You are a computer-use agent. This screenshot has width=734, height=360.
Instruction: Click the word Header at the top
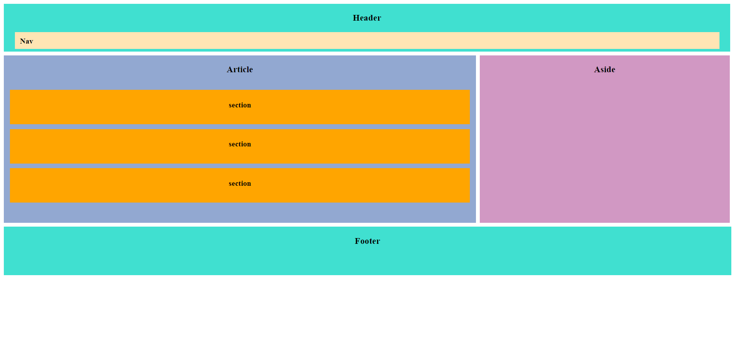tap(367, 18)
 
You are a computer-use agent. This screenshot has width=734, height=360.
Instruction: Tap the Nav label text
tap(26, 41)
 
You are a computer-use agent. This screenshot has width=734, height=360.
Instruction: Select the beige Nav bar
tap(367, 41)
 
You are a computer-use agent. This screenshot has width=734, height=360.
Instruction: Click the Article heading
tap(240, 70)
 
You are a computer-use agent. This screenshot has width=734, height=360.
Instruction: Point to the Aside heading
tap(604, 70)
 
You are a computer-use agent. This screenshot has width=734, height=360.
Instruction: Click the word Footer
tap(367, 241)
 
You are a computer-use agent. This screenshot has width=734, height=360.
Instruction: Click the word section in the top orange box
tap(240, 105)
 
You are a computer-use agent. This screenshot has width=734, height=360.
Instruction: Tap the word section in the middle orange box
tap(240, 144)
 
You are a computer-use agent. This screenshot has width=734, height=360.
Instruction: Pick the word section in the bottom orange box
tap(240, 183)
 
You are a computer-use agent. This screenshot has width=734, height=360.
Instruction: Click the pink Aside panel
tap(604, 153)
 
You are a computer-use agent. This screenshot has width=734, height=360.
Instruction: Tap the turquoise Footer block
tap(367, 260)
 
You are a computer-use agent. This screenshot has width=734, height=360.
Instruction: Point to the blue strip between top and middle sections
tap(240, 127)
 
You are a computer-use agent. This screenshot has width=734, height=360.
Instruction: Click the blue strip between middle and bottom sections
tap(240, 166)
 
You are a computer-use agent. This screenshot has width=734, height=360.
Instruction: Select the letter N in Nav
tap(23, 41)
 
